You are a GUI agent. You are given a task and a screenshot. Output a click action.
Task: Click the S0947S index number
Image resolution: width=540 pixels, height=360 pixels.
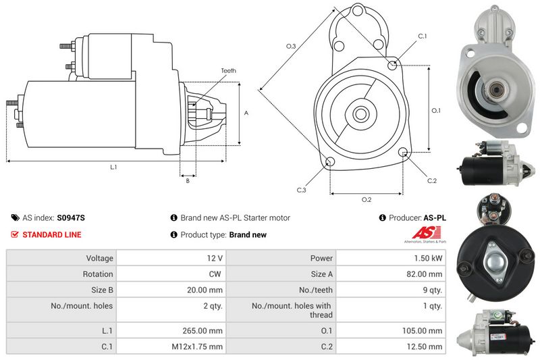coord(71,217)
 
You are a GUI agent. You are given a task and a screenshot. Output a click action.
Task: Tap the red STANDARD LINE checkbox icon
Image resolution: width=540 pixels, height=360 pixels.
coord(14,234)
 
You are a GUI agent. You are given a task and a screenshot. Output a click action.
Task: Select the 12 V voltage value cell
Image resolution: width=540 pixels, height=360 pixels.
coord(215,258)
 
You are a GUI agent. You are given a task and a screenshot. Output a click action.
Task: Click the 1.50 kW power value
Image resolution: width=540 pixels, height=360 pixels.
coord(428,258)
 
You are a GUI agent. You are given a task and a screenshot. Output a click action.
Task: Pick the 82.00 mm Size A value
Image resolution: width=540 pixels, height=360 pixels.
coord(425,274)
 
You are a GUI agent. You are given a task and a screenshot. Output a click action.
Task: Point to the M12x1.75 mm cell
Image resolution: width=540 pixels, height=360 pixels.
coord(197,346)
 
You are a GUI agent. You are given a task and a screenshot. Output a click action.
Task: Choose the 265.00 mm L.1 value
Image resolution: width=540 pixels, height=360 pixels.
coord(202,330)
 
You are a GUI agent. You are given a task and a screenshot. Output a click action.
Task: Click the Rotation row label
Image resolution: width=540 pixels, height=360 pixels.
coord(98,274)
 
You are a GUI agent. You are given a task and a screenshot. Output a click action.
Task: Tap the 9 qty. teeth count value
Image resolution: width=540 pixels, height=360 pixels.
coord(432,290)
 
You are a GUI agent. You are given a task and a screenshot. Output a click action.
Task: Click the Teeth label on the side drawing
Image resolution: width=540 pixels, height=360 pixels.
coord(229,71)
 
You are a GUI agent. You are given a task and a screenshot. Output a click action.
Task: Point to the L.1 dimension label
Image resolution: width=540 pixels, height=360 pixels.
coord(113,167)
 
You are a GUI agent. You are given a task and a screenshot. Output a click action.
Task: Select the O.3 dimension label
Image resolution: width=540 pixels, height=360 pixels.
coord(291,46)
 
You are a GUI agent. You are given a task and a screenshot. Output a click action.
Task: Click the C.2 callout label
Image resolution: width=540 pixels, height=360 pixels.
coord(432,181)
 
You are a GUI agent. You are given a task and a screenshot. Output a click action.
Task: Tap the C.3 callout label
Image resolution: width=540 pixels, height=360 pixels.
coord(301,190)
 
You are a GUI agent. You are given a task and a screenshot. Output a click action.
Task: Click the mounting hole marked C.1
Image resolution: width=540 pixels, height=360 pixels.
coord(392,65)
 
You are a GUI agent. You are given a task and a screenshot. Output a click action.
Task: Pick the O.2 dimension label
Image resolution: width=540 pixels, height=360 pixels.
coord(367,200)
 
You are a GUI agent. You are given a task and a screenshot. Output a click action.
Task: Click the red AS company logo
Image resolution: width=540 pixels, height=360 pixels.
coord(427,232)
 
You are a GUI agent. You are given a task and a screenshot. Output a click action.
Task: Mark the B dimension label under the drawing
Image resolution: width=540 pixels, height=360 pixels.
coord(188,181)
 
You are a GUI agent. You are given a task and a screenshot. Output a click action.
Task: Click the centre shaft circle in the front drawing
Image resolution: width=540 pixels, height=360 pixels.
coord(360,114)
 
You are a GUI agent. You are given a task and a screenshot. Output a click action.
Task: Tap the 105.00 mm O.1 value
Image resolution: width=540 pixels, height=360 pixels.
coord(423,330)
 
